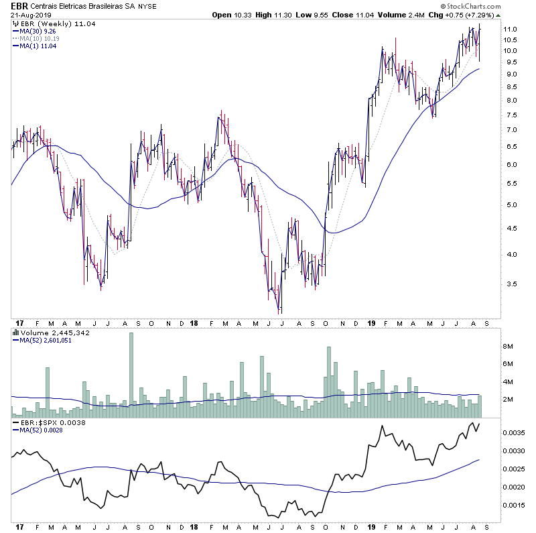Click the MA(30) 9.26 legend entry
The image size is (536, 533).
(x=38, y=31)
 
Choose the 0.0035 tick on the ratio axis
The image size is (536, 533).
(x=514, y=433)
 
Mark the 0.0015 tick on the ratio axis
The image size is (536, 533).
(x=514, y=506)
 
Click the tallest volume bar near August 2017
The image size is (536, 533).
(x=131, y=369)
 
